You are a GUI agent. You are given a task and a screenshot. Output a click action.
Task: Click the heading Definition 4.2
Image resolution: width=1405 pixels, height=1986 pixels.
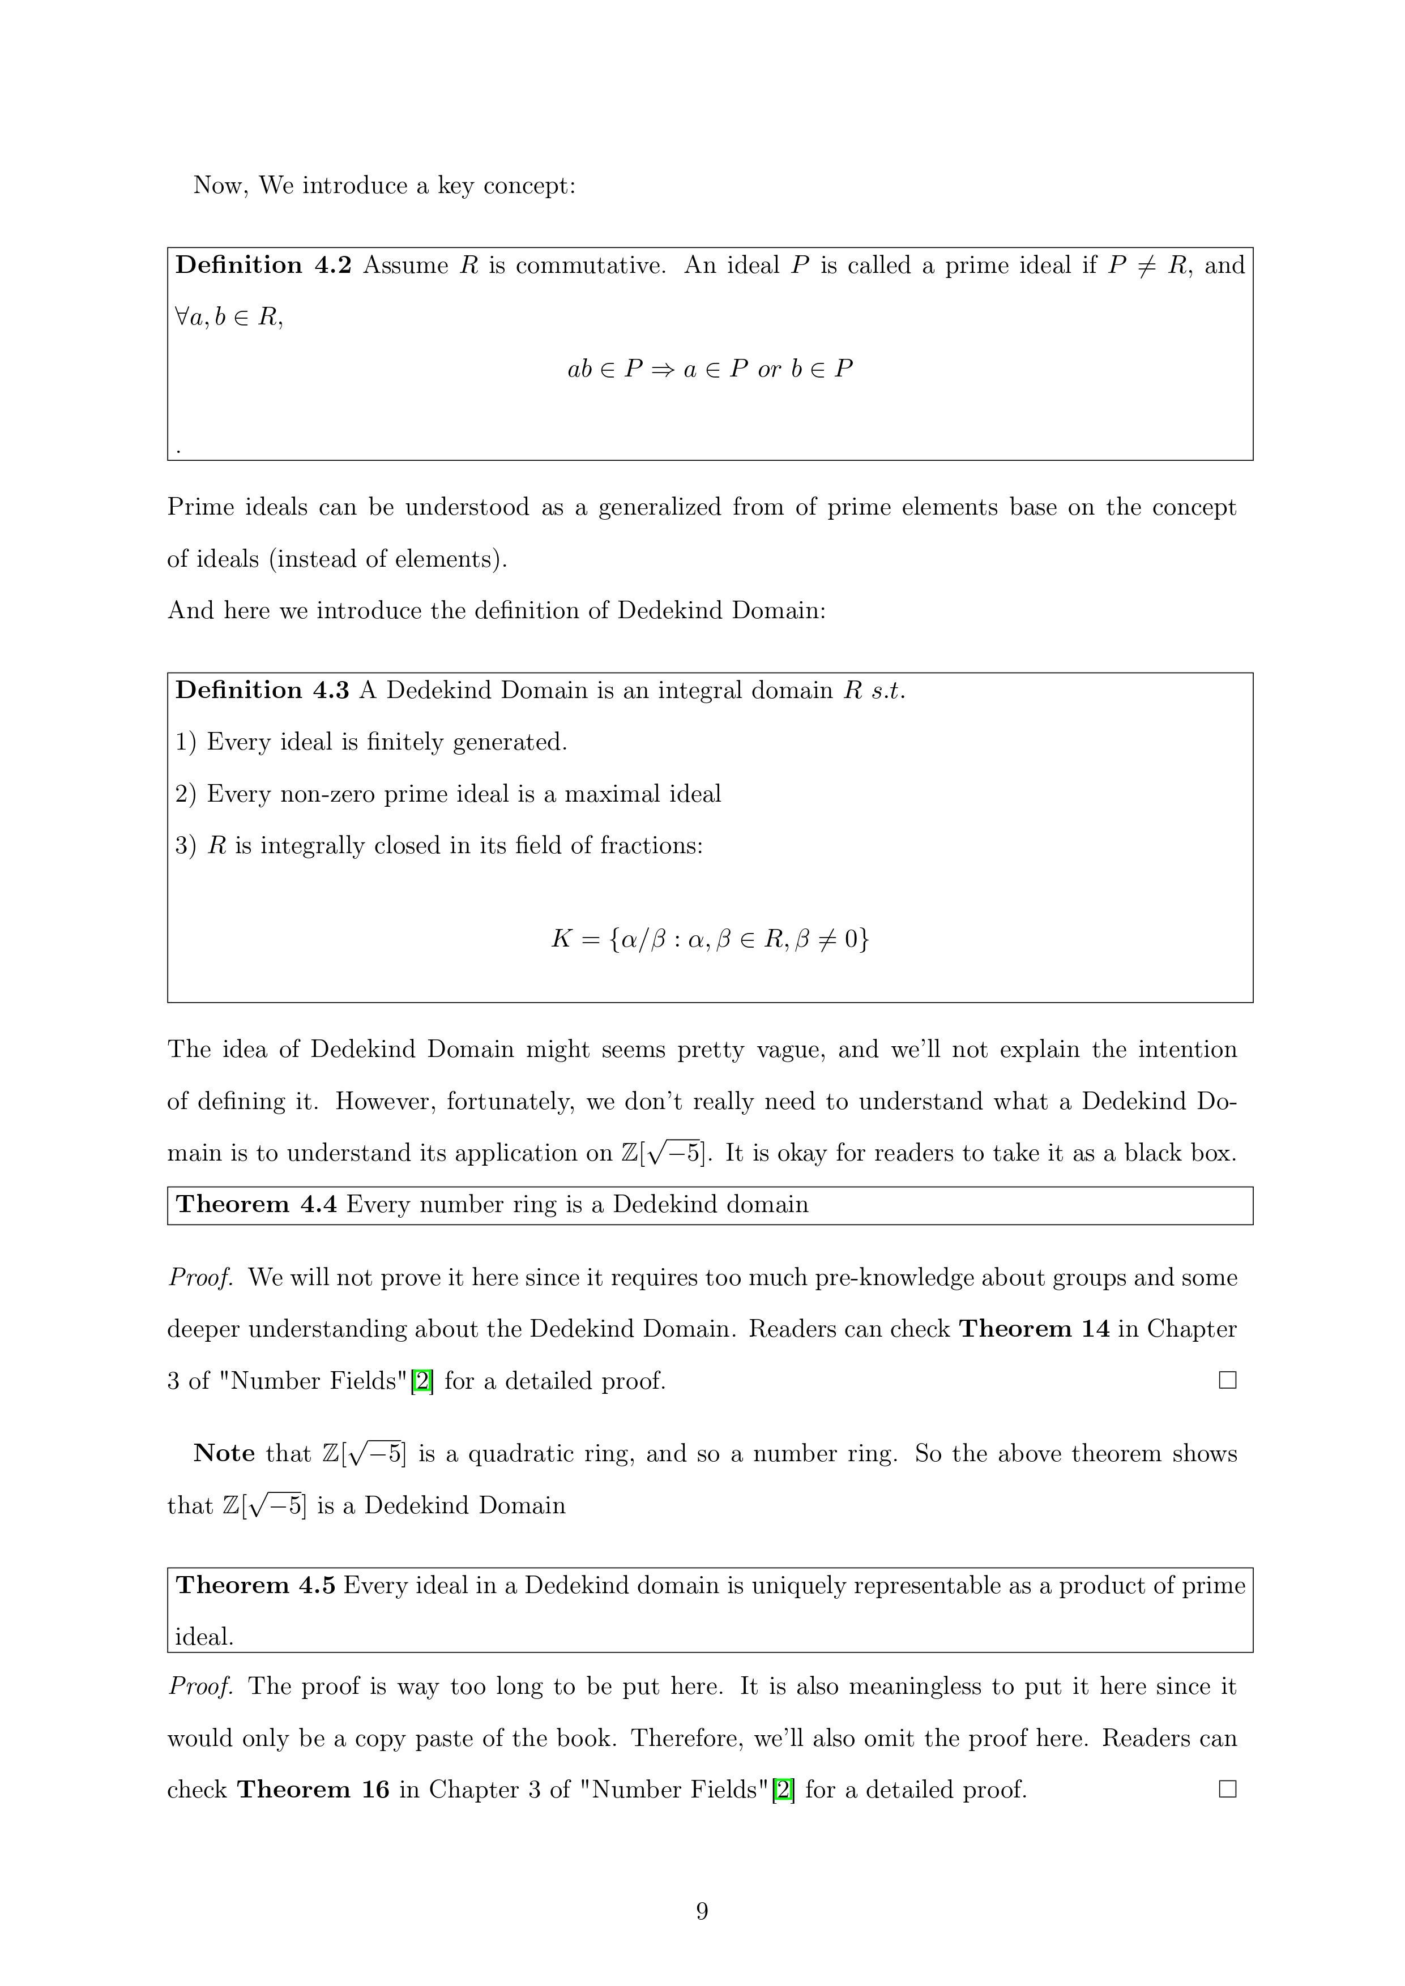point(263,265)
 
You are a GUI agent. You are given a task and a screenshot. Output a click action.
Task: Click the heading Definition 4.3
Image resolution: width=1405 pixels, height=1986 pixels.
point(262,690)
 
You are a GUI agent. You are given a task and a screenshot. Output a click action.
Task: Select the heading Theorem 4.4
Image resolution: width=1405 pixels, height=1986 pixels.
point(256,1204)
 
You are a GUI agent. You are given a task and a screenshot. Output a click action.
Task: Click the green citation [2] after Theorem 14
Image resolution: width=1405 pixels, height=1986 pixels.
point(422,1380)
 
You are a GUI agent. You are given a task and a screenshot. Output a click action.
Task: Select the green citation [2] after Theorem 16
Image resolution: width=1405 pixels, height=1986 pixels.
point(783,1789)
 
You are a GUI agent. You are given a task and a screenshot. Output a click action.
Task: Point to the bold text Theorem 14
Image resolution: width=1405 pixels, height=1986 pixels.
point(1034,1329)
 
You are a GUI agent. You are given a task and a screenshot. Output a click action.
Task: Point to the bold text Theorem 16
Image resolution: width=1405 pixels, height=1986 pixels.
point(313,1789)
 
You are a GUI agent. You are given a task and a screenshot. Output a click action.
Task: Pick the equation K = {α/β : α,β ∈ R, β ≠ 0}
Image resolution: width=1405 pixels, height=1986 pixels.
point(710,939)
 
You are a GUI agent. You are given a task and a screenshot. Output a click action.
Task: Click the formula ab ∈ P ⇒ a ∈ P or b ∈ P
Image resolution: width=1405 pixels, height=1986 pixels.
point(710,369)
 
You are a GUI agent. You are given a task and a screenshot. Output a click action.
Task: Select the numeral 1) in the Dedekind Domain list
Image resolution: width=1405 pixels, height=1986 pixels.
point(186,742)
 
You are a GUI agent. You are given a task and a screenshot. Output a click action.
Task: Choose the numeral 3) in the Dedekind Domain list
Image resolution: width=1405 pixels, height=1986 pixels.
point(186,845)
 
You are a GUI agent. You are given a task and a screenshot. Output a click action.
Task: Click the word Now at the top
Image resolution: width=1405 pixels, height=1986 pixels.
point(220,185)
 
